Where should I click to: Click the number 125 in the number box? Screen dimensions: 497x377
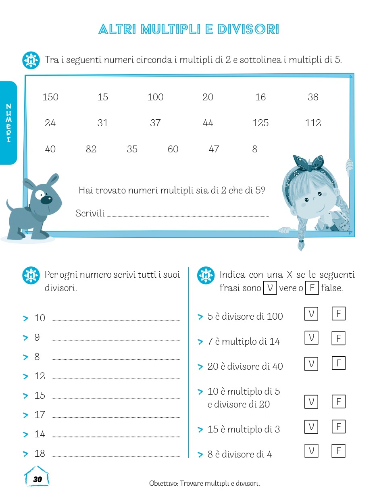point(260,123)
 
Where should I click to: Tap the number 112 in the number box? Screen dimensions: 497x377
point(313,123)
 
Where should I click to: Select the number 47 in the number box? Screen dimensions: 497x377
point(214,149)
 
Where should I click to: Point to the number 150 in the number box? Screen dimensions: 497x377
point(50,97)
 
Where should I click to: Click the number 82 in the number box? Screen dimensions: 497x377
point(91,149)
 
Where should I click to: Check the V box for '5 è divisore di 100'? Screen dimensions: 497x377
point(311,314)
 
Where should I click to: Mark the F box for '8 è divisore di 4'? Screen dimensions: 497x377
point(339,451)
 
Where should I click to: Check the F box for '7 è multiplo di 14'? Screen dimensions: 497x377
point(339,338)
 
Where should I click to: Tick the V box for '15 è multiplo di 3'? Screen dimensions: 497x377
point(311,426)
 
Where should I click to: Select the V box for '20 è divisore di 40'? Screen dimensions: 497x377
point(311,364)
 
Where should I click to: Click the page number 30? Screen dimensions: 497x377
point(37,479)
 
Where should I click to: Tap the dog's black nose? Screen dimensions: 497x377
point(48,199)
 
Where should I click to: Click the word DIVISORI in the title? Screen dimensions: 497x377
point(248,29)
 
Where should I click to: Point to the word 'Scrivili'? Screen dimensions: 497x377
point(90,213)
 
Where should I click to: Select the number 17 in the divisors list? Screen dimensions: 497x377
point(40,415)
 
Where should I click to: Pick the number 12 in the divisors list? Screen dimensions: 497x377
point(40,376)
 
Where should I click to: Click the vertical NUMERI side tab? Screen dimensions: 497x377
point(8,123)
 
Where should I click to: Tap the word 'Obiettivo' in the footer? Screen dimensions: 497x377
point(163,483)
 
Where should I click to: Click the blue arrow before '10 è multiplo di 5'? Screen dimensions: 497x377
point(200,392)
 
